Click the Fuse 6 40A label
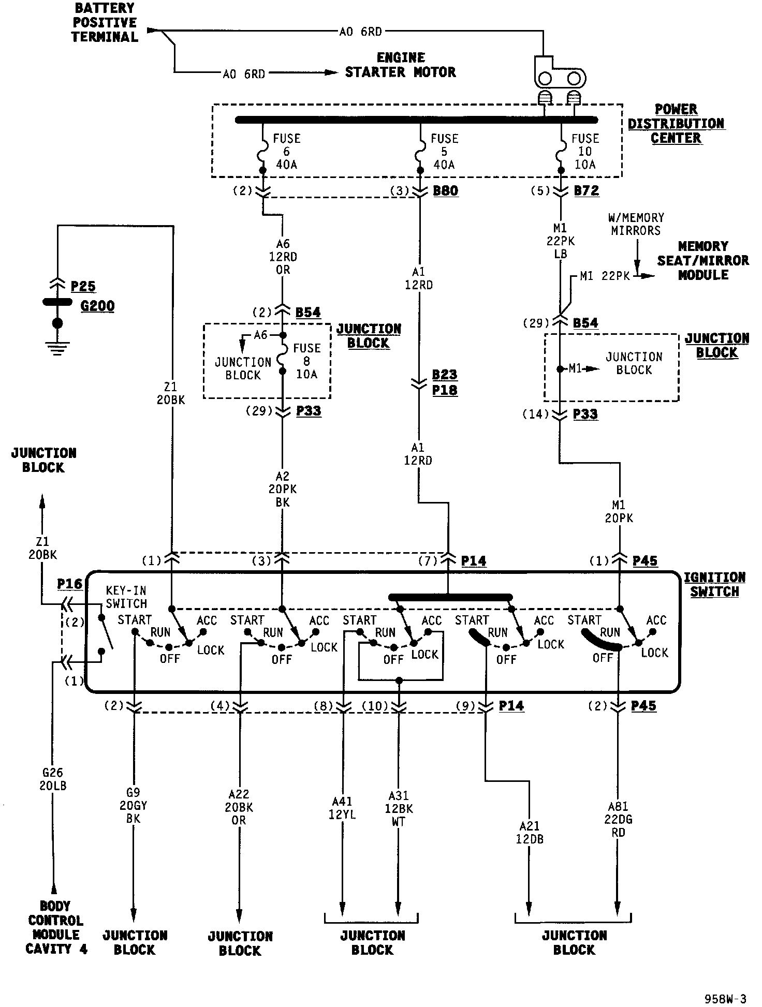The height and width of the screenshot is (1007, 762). point(286,152)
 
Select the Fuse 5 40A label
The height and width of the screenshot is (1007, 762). point(444,152)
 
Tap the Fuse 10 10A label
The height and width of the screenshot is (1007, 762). point(585,152)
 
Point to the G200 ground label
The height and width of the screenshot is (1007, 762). point(97,306)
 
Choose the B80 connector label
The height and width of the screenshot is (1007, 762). point(445,190)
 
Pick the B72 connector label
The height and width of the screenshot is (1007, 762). point(587,190)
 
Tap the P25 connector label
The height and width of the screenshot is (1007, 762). point(83,286)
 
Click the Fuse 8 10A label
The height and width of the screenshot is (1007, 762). point(307,361)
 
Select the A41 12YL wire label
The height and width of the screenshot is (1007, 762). point(342,808)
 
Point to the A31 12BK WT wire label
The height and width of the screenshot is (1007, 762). point(399,808)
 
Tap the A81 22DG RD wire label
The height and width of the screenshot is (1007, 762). point(618,820)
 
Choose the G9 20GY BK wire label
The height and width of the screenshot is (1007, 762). point(133,806)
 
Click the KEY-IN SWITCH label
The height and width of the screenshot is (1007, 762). point(126,597)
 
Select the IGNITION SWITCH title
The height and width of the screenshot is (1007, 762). point(714,585)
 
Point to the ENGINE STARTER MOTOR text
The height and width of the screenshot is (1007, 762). point(401,65)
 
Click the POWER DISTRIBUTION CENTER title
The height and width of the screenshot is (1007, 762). point(676,124)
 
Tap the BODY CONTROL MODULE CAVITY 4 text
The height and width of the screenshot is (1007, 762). point(56,927)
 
